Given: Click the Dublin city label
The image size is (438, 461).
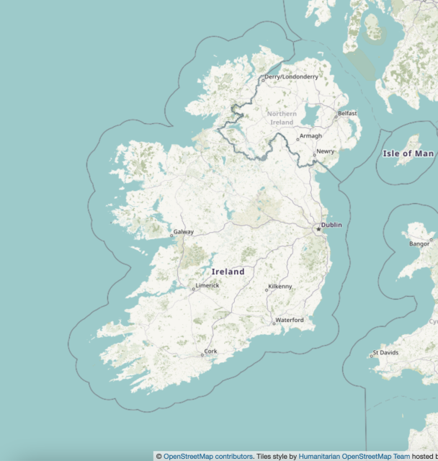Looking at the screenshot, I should [332, 225].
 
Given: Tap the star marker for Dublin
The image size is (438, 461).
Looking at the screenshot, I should [318, 229].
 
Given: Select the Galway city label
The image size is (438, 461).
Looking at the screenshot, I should [183, 232].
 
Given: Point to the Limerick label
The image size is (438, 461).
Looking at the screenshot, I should [207, 286].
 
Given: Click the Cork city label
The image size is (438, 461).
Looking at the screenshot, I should [211, 352].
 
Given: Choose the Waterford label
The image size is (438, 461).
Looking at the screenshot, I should [290, 320].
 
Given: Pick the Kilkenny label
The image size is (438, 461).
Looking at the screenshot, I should [280, 286].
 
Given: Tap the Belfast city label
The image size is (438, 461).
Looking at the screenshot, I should [347, 113].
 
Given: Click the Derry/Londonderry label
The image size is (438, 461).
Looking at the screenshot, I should [291, 76].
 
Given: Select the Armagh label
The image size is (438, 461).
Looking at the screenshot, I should [310, 135].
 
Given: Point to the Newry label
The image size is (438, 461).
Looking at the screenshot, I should [325, 151].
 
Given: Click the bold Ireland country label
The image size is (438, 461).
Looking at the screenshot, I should [228, 272].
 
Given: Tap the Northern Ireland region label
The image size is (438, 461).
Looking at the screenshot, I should [282, 118].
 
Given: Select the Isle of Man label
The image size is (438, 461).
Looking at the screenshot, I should [408, 153].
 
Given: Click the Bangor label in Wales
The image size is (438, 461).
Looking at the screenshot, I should [419, 243].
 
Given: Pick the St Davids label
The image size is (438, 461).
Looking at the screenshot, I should [385, 354].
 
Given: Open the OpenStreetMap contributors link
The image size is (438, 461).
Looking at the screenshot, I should [208, 456].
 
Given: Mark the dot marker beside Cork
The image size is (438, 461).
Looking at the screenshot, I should [202, 354].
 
